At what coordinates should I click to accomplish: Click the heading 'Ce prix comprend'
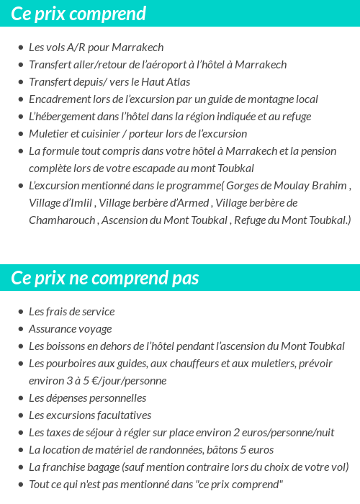click(x=78, y=14)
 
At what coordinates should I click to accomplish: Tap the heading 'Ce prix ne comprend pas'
click(x=105, y=278)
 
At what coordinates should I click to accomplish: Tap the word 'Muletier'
click(x=48, y=134)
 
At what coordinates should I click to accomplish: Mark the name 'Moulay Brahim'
click(x=312, y=186)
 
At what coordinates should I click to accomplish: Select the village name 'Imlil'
click(x=81, y=203)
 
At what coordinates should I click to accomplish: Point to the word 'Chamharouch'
click(x=61, y=220)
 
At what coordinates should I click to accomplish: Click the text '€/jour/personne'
click(x=129, y=381)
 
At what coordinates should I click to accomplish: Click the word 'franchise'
click(x=68, y=467)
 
